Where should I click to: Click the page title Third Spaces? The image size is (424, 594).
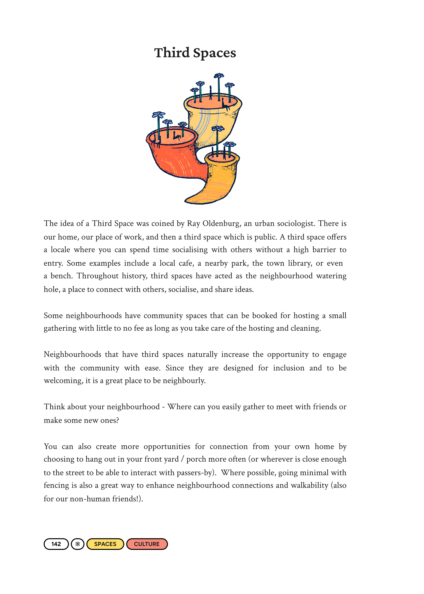click(195, 53)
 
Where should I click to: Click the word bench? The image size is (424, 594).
click(61, 276)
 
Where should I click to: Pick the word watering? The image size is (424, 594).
click(331, 276)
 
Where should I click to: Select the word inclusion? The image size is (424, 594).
click(289, 368)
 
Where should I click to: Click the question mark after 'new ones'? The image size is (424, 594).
click(117, 420)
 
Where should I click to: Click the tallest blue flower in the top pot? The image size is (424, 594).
click(218, 76)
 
